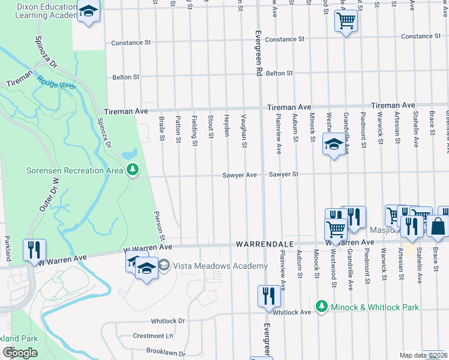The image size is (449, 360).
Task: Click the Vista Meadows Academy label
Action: click(x=220, y=266)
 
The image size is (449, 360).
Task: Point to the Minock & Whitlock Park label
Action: click(x=375, y=307)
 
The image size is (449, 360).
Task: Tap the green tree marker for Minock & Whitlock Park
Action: click(x=322, y=307)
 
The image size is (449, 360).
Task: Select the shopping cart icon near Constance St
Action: click(x=346, y=22)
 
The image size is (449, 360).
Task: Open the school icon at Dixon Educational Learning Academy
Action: click(x=89, y=12)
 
